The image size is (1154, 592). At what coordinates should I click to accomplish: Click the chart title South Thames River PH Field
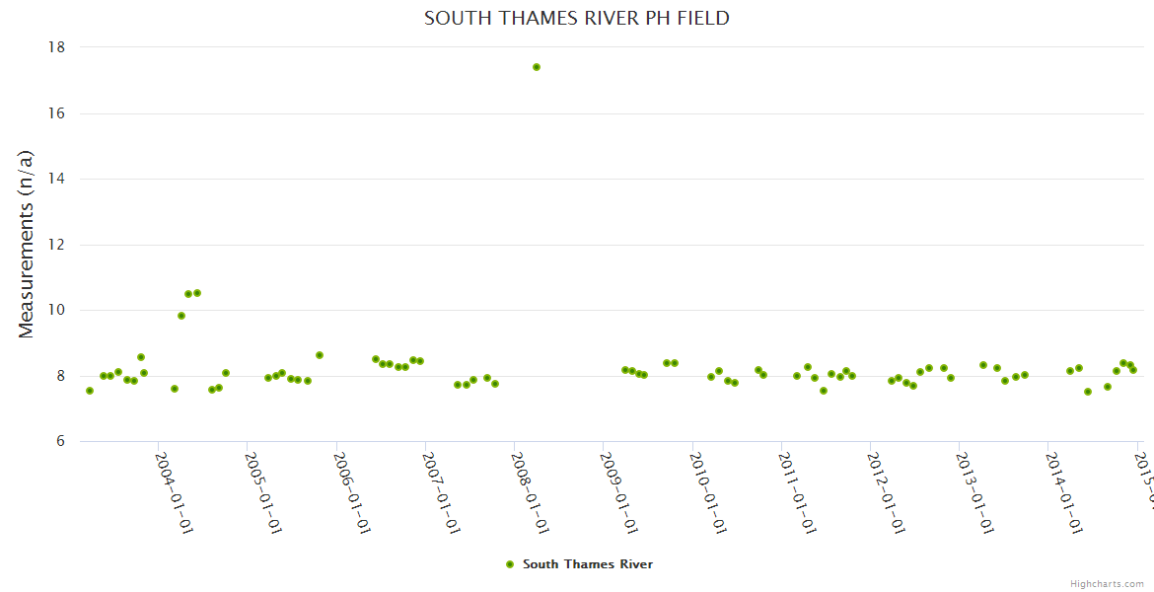(x=577, y=19)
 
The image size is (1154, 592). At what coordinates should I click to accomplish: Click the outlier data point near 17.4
(x=537, y=67)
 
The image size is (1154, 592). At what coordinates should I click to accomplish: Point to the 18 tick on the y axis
(x=56, y=47)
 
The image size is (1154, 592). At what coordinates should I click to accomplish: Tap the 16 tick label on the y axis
(x=56, y=113)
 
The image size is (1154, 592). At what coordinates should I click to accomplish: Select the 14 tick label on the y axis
(x=56, y=179)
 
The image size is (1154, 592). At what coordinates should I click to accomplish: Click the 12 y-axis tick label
(x=56, y=245)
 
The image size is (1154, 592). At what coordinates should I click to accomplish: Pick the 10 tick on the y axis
(x=56, y=310)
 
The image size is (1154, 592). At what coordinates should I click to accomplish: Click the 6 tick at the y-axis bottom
(x=60, y=442)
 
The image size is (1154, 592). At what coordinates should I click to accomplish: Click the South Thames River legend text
(x=588, y=564)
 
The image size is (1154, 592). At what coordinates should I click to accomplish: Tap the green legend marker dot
(x=510, y=564)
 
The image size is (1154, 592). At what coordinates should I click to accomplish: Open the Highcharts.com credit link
(x=1107, y=584)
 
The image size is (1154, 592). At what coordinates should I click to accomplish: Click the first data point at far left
(x=90, y=391)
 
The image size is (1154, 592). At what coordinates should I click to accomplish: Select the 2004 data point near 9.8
(x=181, y=316)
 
